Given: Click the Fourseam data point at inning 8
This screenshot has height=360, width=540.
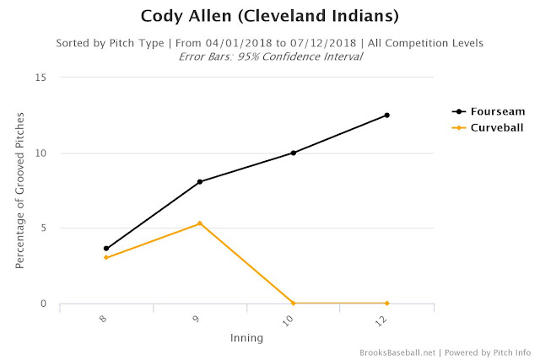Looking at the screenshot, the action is (x=106, y=249).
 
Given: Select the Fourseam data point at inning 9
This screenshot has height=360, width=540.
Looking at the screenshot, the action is (x=200, y=182).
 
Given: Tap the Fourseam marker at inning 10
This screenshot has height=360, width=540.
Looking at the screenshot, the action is (x=294, y=153).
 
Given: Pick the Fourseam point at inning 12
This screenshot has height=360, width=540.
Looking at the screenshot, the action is (x=387, y=116).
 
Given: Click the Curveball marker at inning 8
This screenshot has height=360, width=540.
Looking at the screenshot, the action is (x=106, y=257).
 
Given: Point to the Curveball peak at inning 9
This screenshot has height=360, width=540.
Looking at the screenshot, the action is (x=200, y=223).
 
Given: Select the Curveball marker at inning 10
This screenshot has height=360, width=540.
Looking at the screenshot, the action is (x=294, y=304).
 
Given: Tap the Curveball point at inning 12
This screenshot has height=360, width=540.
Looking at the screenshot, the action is (x=387, y=304).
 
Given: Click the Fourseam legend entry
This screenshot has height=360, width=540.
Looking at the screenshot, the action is (x=489, y=111).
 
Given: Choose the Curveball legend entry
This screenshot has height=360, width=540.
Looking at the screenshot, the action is (x=488, y=127).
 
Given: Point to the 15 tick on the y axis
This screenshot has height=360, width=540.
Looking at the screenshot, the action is (x=40, y=78).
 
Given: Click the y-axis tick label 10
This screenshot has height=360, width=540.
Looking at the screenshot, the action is (x=40, y=153).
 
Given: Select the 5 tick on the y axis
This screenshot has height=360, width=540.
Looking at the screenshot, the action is (x=43, y=228).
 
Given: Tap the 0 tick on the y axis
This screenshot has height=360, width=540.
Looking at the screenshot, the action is (x=43, y=304).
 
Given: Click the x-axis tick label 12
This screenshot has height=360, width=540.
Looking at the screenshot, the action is (x=381, y=321).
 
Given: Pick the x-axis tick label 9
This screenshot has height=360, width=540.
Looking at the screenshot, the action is (x=196, y=319).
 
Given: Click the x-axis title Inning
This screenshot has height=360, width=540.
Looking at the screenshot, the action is (x=246, y=338).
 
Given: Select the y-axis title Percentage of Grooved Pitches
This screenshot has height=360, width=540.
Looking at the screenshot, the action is (x=20, y=191).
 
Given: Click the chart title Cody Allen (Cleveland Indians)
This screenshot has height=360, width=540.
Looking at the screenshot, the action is (x=270, y=16).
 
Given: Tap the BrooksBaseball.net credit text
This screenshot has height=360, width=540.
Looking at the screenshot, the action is (x=397, y=352).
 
